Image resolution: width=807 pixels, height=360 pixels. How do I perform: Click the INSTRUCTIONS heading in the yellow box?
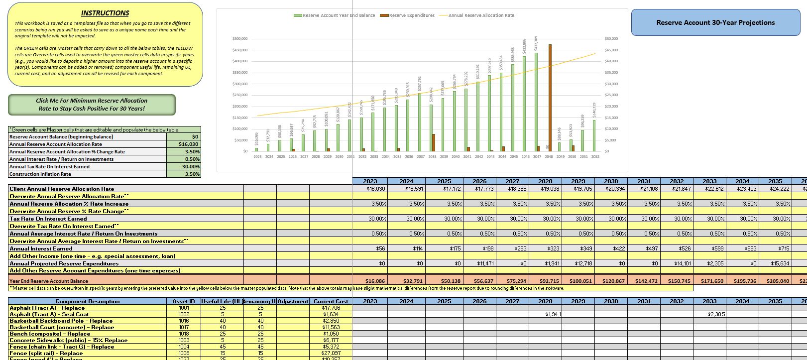pyautogui.click(x=105, y=13)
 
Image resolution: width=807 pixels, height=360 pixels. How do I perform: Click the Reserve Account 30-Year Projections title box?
pyautogui.click(x=715, y=22)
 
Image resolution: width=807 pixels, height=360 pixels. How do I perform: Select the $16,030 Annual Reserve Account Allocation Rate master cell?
pyautogui.click(x=184, y=144)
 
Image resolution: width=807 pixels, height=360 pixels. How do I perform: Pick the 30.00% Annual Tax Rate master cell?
pyautogui.click(x=184, y=167)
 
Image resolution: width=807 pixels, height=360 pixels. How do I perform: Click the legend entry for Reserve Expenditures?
pyautogui.click(x=408, y=15)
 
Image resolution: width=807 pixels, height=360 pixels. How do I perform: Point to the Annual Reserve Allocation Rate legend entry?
pyautogui.click(x=477, y=15)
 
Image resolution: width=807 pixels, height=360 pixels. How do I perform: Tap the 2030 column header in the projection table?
pyautogui.click(x=611, y=181)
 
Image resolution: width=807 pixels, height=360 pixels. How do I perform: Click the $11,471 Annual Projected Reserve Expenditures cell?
pyautogui.click(x=479, y=263)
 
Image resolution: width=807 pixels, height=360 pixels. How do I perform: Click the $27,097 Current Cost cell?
pyautogui.click(x=331, y=353)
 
